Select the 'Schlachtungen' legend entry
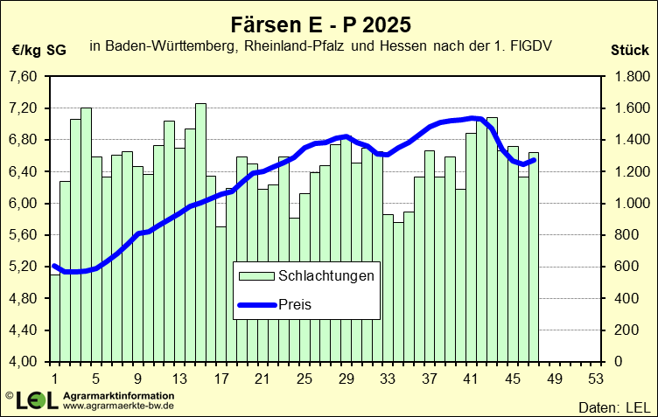click(326, 276)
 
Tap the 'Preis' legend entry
click(295, 304)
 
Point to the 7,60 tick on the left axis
click(23, 77)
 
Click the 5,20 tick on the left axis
click(23, 267)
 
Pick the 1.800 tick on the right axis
click(630, 77)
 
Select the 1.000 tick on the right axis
click(630, 204)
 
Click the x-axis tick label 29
click(346, 379)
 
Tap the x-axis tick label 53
click(596, 379)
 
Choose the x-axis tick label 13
click(179, 379)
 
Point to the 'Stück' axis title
click(629, 50)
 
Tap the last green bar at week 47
click(534, 257)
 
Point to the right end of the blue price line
click(534, 159)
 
